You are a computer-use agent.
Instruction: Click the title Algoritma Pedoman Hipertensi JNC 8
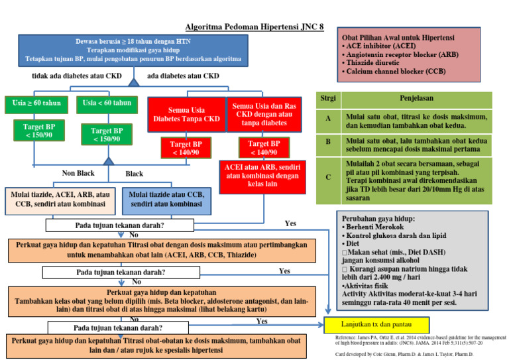coord(255,27)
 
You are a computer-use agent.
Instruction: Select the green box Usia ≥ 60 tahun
coord(36,103)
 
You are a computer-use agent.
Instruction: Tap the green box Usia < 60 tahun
coord(107,103)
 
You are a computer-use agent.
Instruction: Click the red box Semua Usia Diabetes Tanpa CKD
coord(186,115)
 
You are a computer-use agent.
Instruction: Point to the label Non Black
coord(78,174)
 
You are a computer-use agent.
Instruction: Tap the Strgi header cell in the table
coord(327,99)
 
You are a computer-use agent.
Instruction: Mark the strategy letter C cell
coord(327,178)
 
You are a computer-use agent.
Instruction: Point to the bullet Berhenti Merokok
coord(375,227)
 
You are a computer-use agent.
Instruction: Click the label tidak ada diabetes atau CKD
coord(77,76)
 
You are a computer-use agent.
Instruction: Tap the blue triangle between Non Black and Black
coord(109,161)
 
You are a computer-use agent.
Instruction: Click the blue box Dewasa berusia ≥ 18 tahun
coord(133,50)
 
